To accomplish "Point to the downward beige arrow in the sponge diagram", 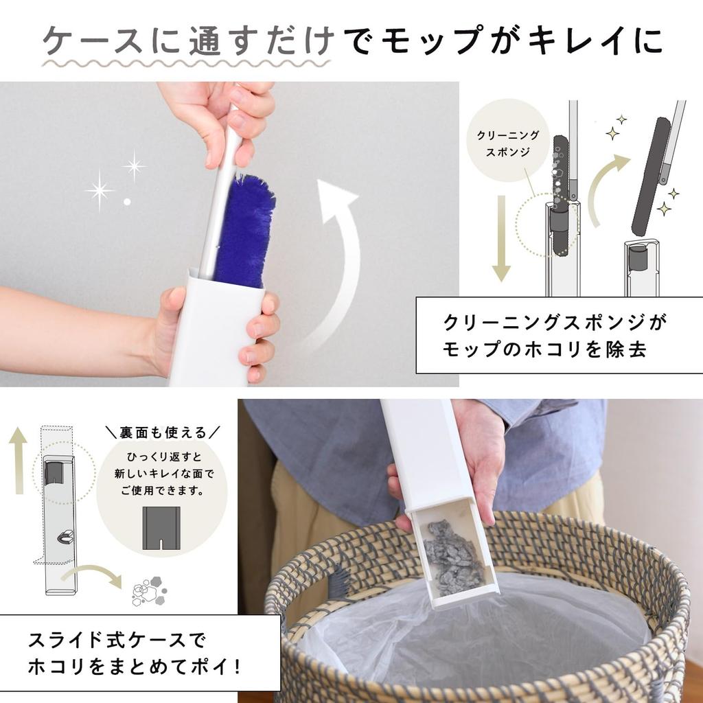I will point(501,237).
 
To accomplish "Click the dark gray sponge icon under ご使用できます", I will point(161,527).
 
